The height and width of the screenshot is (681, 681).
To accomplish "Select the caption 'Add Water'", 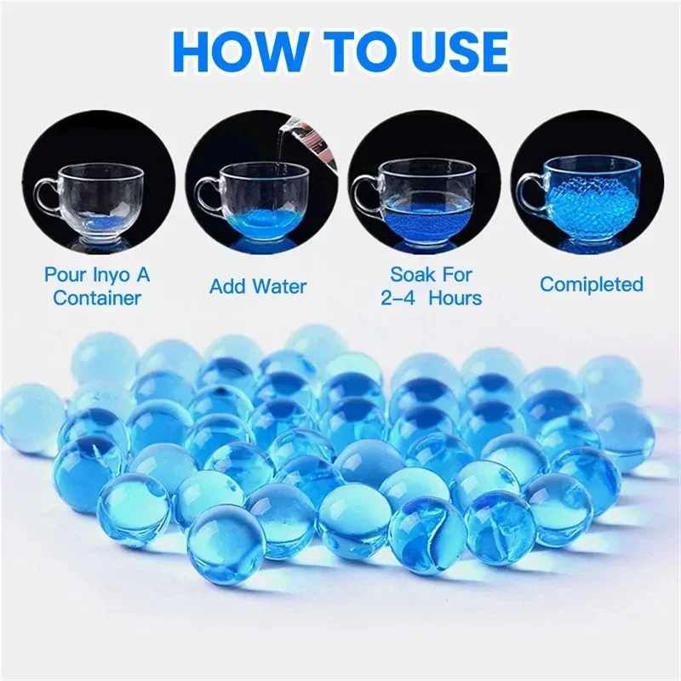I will point(258,285).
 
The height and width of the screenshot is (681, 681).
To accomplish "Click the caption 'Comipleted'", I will point(592,284).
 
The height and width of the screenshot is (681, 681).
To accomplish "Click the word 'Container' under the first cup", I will point(96,297).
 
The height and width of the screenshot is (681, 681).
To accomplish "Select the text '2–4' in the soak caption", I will point(396,297).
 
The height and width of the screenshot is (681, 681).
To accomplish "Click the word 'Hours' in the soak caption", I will point(455,297).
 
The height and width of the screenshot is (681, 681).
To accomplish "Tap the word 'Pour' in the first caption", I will point(64,274).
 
